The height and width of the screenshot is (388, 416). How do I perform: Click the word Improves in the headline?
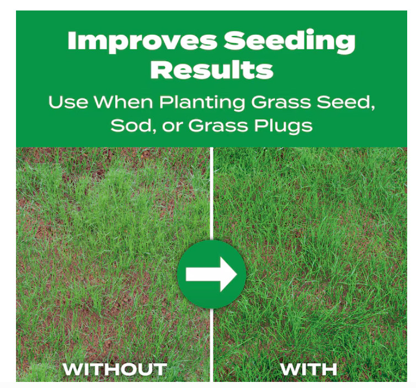pos(142,41)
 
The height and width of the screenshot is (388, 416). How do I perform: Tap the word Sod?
pos(133,125)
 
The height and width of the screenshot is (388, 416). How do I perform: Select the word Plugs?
pos(284,126)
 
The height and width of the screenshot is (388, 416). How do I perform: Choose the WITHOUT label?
pos(115,369)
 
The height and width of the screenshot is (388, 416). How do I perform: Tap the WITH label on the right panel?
pos(308,369)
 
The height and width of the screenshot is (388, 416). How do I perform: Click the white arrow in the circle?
pos(211,274)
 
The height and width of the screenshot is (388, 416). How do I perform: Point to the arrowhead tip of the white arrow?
pos(237,274)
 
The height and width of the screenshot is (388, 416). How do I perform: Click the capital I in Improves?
pos(72,40)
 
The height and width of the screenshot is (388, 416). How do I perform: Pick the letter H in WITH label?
pos(329,369)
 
